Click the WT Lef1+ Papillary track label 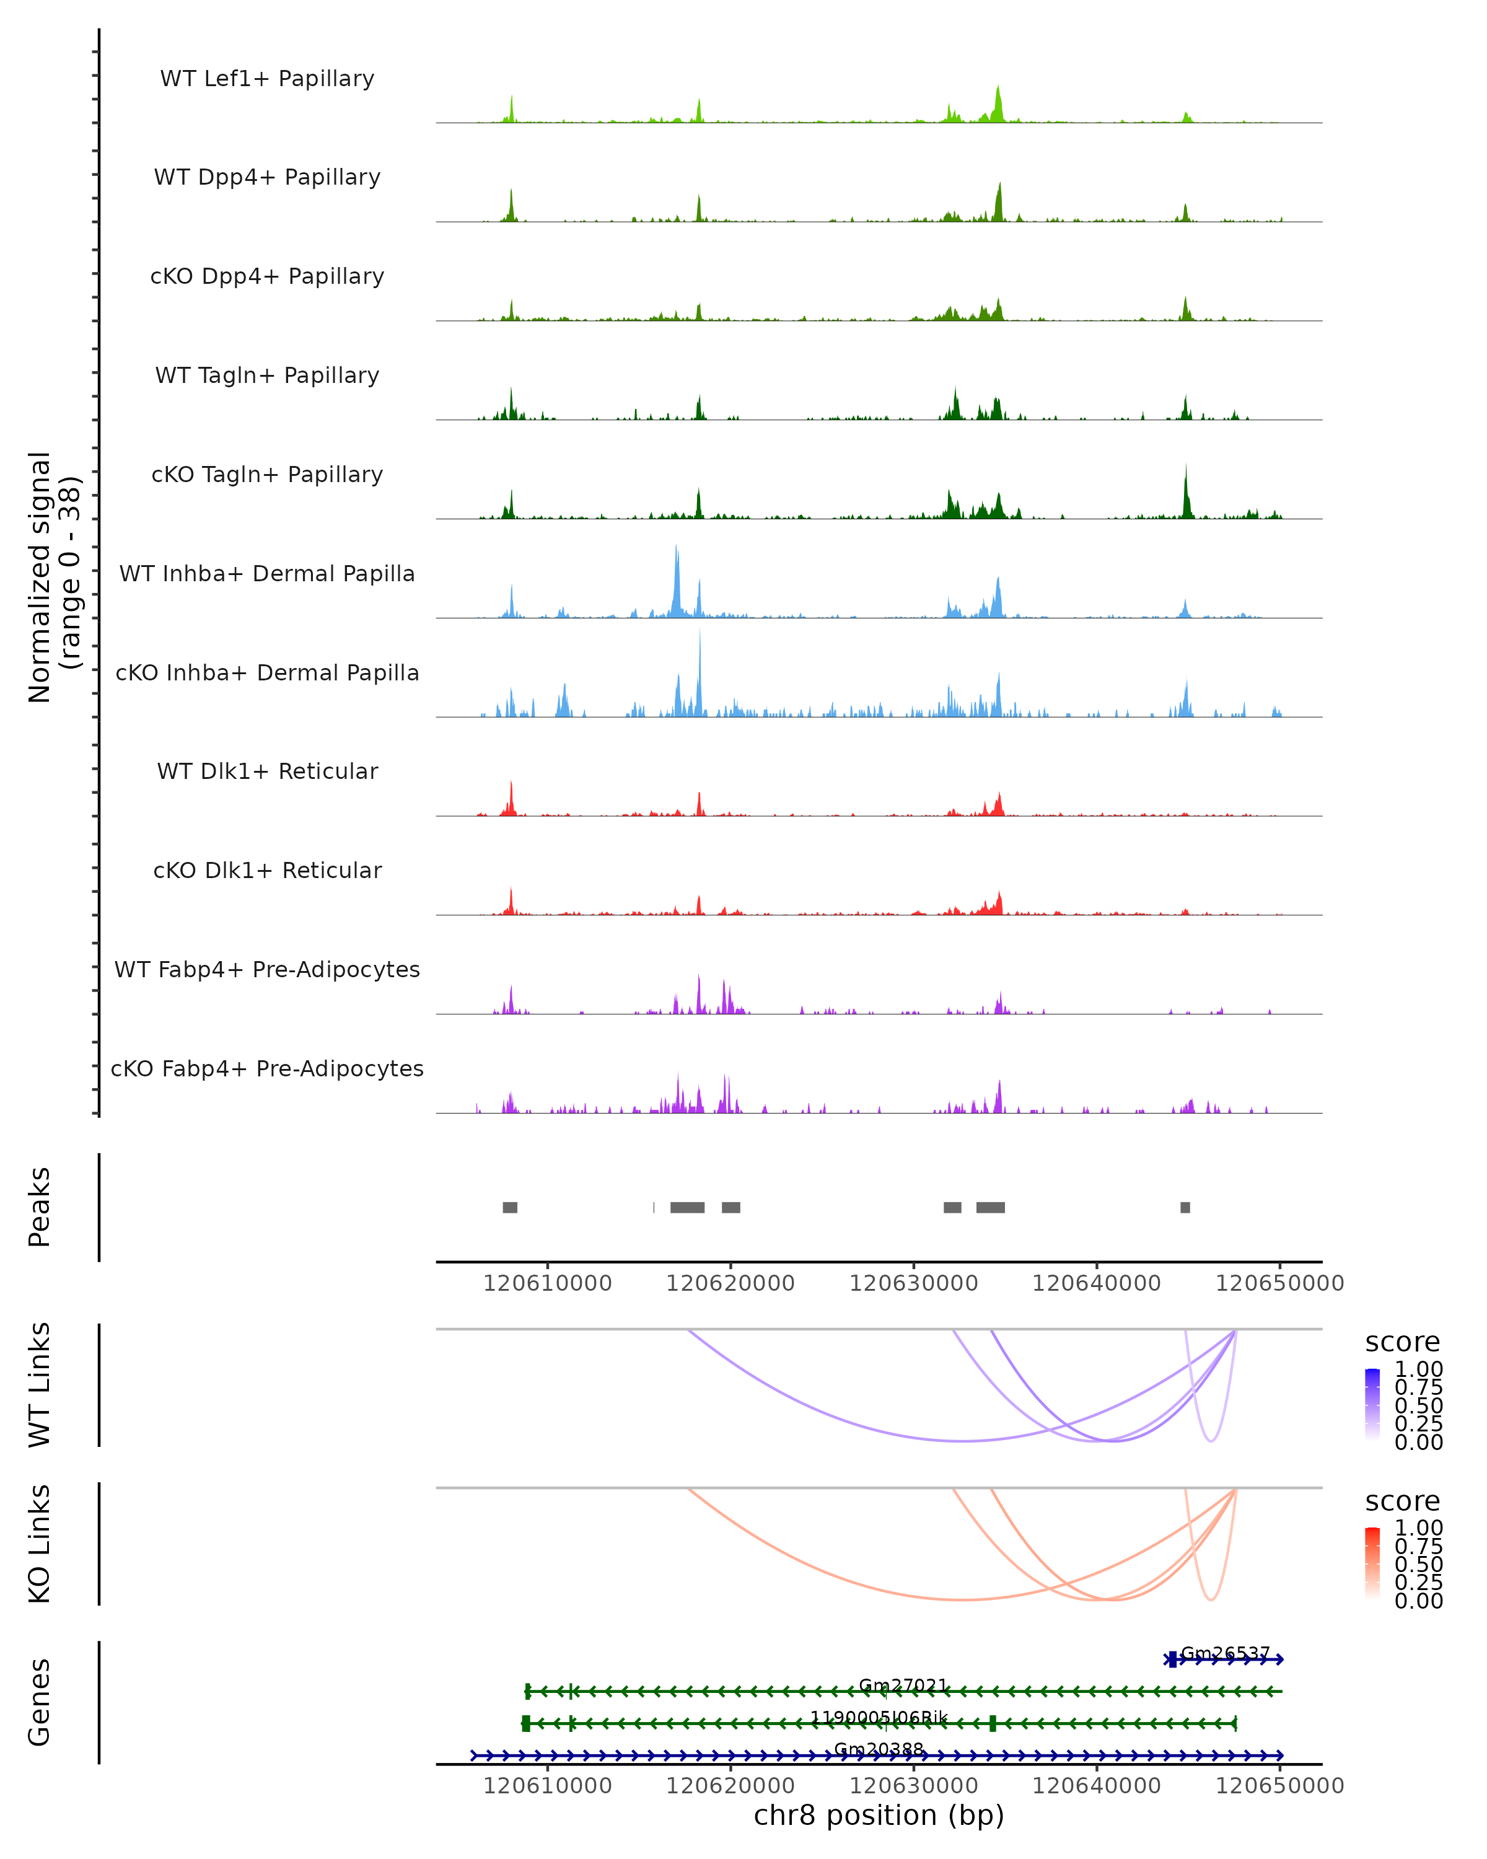pos(267,79)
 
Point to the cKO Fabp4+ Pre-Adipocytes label pos(267,1068)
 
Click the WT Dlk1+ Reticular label pos(267,771)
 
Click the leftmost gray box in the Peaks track pos(511,1207)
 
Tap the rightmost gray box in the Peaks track pos(1185,1207)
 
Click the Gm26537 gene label pos(1225,1653)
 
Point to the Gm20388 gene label pos(879,1749)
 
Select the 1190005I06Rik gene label pos(879,1718)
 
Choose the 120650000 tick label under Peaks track pos(1279,1283)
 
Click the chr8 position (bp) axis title pos(879,1816)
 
